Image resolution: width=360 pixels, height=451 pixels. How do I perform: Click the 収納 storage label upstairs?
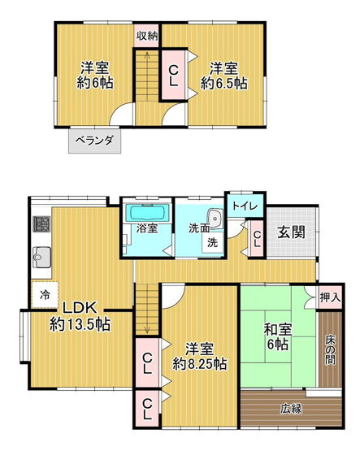[147, 35]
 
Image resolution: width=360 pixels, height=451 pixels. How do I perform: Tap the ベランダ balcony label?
[94, 140]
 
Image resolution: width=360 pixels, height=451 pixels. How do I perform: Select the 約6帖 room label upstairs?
[96, 75]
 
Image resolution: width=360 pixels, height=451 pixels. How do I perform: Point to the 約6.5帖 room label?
[222, 75]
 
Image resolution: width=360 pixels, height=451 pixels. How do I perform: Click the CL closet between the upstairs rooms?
[173, 75]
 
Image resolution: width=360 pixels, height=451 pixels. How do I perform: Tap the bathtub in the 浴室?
[147, 214]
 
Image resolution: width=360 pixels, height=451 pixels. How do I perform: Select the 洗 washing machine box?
[210, 241]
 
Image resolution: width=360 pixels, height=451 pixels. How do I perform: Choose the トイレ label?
[245, 206]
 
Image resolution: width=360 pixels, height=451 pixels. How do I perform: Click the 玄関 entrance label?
[294, 232]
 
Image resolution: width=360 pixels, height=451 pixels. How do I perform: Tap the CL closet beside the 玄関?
[256, 238]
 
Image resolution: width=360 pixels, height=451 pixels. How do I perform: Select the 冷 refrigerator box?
[42, 296]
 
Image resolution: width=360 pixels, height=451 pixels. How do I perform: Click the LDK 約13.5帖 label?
[79, 316]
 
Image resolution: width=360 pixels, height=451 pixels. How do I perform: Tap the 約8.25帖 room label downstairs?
[198, 357]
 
